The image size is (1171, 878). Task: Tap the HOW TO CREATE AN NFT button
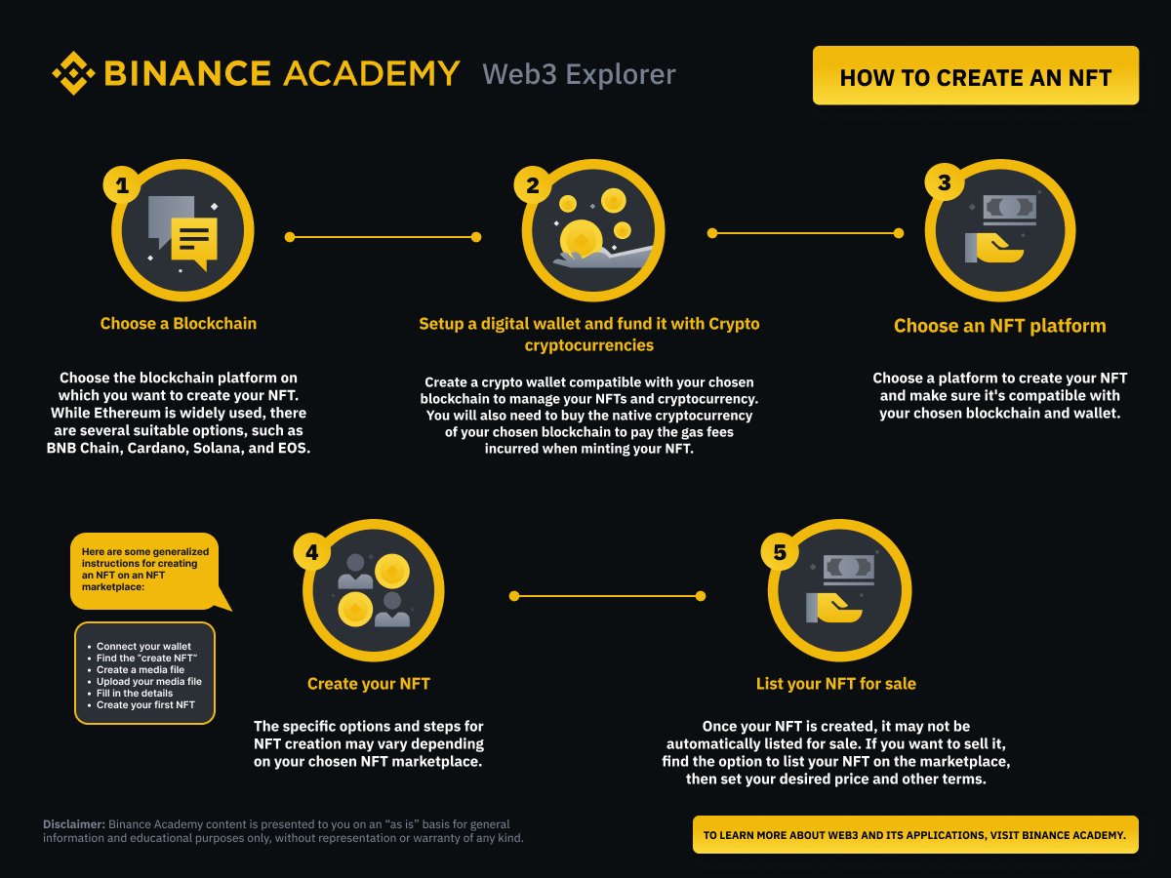pyautogui.click(x=975, y=76)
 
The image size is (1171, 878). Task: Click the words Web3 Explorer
pyautogui.click(x=579, y=74)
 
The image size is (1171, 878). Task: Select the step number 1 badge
pyautogui.click(x=122, y=185)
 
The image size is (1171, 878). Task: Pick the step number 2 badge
pyautogui.click(x=533, y=185)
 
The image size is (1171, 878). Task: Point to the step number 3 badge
pyautogui.click(x=944, y=182)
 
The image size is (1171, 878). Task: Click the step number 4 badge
pyautogui.click(x=312, y=552)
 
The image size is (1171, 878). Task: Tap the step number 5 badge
pyautogui.click(x=779, y=552)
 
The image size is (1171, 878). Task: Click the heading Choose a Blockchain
pyautogui.click(x=179, y=324)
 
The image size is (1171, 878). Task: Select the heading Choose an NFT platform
pyautogui.click(x=1000, y=326)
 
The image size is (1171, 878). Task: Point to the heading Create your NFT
pyautogui.click(x=369, y=684)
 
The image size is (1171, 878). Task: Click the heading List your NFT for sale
pyautogui.click(x=836, y=684)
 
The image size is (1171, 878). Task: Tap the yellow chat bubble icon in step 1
pyautogui.click(x=194, y=240)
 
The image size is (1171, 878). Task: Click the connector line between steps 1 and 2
pyautogui.click(x=383, y=236)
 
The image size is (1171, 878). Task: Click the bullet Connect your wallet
pyautogui.click(x=143, y=647)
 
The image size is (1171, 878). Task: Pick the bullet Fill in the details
pyautogui.click(x=135, y=693)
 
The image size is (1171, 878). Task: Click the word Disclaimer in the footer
pyautogui.click(x=74, y=824)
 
